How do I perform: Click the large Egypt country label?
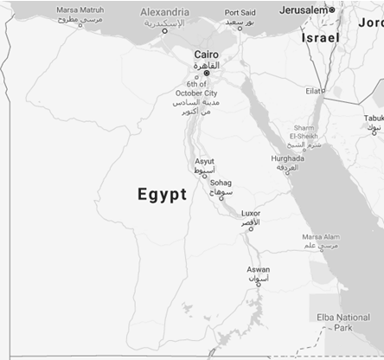[x=162, y=195]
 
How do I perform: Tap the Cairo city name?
[x=206, y=54]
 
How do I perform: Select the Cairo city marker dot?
[x=206, y=73]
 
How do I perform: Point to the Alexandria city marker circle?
[x=165, y=31]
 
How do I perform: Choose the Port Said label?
[x=240, y=13]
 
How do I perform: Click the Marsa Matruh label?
[x=80, y=10]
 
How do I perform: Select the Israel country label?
[x=320, y=39]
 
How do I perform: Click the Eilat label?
[x=313, y=90]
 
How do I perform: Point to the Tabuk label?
[x=373, y=118]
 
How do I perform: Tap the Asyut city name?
[x=205, y=161]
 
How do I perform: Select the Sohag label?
[x=221, y=183]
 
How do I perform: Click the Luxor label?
[x=250, y=213]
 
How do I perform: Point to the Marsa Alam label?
[x=320, y=236]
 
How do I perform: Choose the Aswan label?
[x=258, y=269]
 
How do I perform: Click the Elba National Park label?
[x=343, y=323]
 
